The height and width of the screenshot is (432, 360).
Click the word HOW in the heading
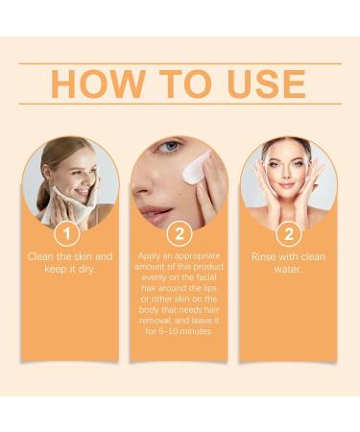94,84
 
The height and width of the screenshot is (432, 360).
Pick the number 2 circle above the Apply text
179,233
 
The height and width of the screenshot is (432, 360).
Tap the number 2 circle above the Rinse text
288,233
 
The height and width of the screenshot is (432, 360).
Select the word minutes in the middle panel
197,331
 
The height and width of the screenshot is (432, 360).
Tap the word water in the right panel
288,269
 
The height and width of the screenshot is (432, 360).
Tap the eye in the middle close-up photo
167,147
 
